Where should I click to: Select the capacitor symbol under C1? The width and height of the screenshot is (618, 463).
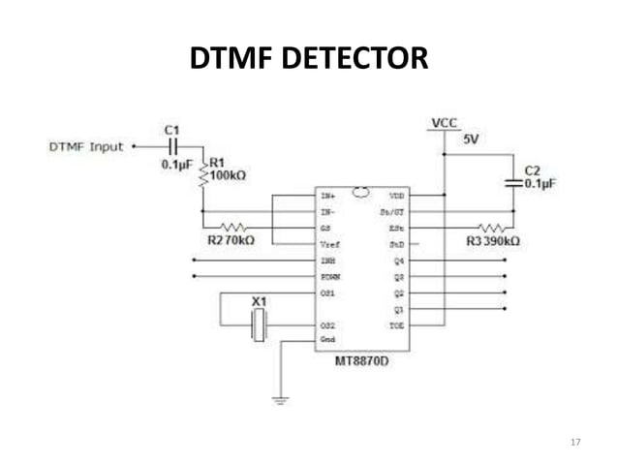(x=173, y=147)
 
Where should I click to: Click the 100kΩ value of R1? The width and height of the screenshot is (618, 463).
(x=229, y=175)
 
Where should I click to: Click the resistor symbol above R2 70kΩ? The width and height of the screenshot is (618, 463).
(x=232, y=227)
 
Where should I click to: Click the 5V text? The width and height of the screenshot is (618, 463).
(x=472, y=139)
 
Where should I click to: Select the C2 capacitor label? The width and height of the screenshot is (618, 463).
(x=531, y=169)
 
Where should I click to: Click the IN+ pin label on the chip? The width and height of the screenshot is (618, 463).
(x=328, y=195)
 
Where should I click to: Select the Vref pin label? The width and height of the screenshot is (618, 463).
(x=329, y=245)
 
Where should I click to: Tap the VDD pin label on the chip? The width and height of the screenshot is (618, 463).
(x=397, y=195)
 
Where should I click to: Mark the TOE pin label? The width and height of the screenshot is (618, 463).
(x=397, y=326)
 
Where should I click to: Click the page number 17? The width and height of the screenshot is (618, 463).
(x=575, y=443)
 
